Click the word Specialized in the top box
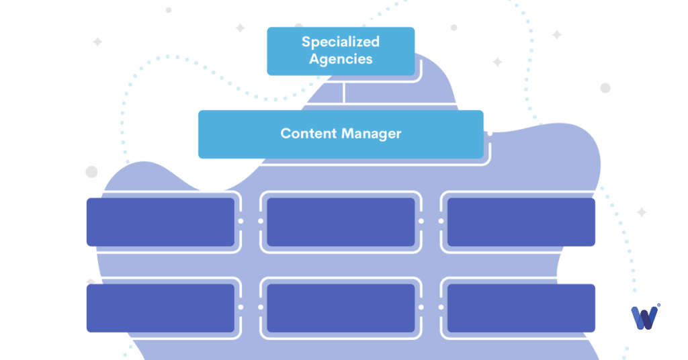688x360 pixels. [340, 42]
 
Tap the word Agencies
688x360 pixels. [340, 58]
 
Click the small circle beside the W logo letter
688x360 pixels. [658, 306]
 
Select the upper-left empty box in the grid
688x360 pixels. [160, 222]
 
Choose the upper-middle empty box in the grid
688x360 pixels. [341, 222]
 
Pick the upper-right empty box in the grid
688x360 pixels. [521, 222]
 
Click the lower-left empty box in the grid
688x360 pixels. [160, 308]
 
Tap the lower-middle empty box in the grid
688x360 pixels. [341, 308]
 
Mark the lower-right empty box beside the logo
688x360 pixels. [521, 308]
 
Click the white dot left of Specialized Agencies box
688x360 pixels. [261, 50]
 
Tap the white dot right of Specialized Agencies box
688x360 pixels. [421, 50]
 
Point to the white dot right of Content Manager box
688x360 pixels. [490, 133]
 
